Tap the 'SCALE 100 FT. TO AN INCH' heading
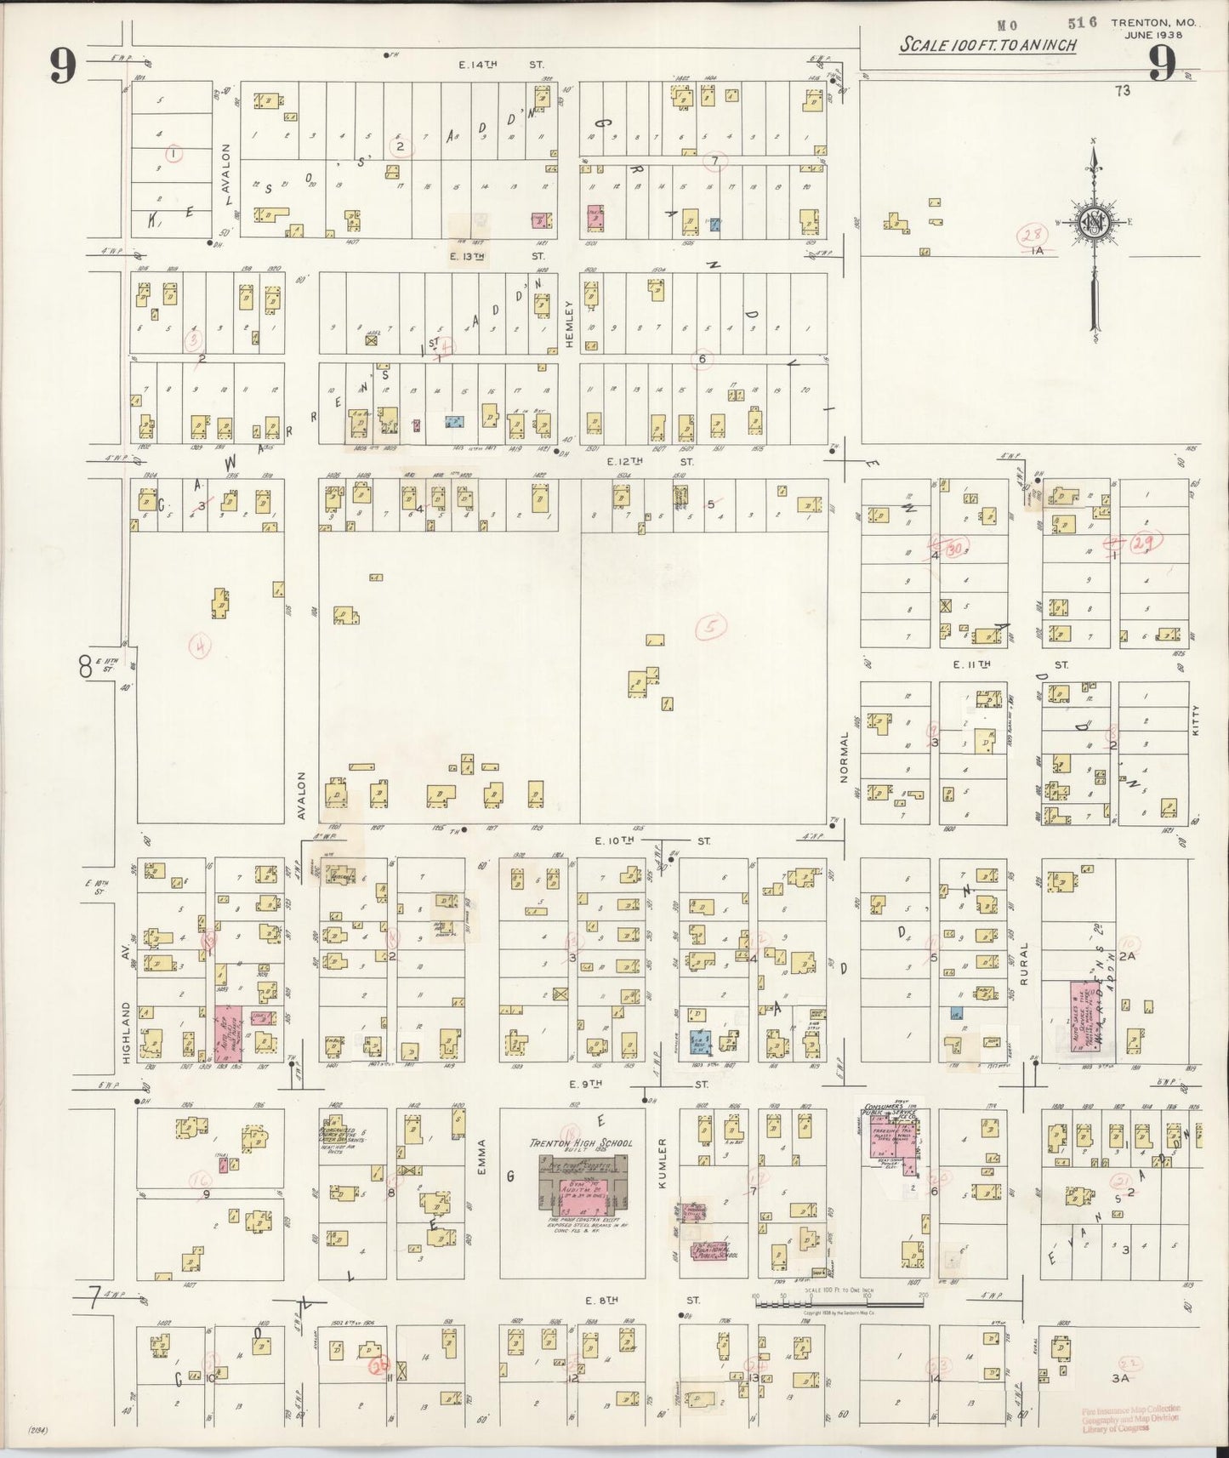pos(987,45)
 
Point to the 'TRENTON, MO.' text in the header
pos(1152,24)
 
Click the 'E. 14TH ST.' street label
pos(501,64)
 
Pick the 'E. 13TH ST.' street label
pos(501,255)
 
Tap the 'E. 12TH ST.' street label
pos(650,461)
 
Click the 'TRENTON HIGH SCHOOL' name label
pos(581,1143)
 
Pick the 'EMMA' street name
pos(481,1159)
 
